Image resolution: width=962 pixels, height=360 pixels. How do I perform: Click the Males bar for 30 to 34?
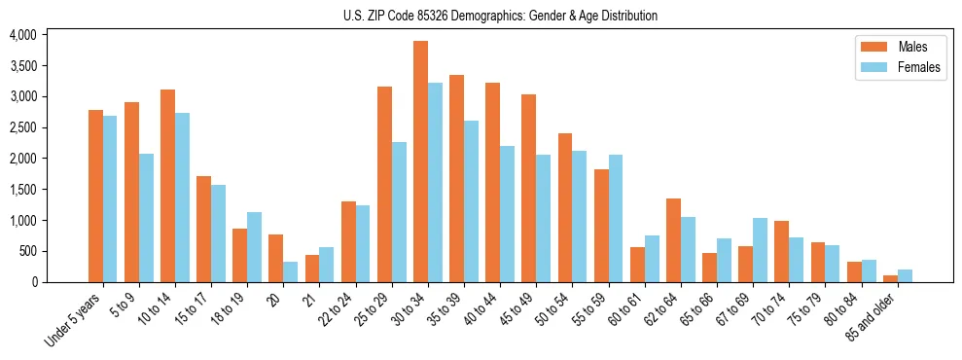pyautogui.click(x=420, y=162)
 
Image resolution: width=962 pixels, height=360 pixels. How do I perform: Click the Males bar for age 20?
pyautogui.click(x=276, y=258)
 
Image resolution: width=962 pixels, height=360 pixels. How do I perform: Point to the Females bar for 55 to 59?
pyautogui.click(x=616, y=218)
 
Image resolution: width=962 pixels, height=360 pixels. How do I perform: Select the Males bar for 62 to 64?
pyautogui.click(x=673, y=240)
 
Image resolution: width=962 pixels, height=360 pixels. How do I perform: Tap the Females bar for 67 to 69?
pyautogui.click(x=760, y=250)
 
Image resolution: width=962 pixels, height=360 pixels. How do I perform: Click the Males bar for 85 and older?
pyautogui.click(x=890, y=278)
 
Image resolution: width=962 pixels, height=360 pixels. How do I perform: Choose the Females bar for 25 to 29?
pyautogui.click(x=399, y=212)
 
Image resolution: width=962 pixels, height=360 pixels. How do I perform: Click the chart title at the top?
pyautogui.click(x=500, y=16)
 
